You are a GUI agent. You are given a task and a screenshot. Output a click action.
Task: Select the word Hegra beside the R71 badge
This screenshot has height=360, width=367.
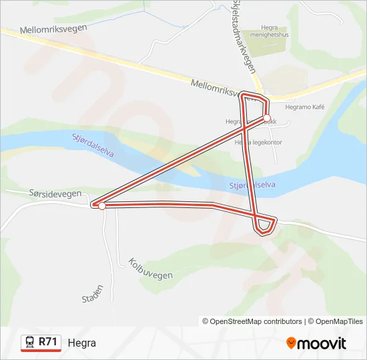coord(81,343)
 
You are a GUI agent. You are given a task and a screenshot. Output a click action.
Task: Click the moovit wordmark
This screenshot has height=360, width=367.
coord(322,343)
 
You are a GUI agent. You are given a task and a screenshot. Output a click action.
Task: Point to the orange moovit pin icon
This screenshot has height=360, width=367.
coord(291,343)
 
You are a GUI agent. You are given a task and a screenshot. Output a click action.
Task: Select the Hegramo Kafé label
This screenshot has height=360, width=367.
coord(304,106)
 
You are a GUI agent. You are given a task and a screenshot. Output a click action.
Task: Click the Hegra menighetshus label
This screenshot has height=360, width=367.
coord(270,32)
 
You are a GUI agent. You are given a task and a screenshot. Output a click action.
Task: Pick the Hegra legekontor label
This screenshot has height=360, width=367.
coord(259,142)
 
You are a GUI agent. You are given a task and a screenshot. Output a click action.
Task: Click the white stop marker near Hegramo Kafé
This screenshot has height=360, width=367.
coord(267,118)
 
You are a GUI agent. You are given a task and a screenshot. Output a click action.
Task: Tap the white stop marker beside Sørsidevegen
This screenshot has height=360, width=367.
coord(101,206)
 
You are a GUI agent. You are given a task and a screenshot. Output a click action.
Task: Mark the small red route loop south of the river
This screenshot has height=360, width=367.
coord(265,225)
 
